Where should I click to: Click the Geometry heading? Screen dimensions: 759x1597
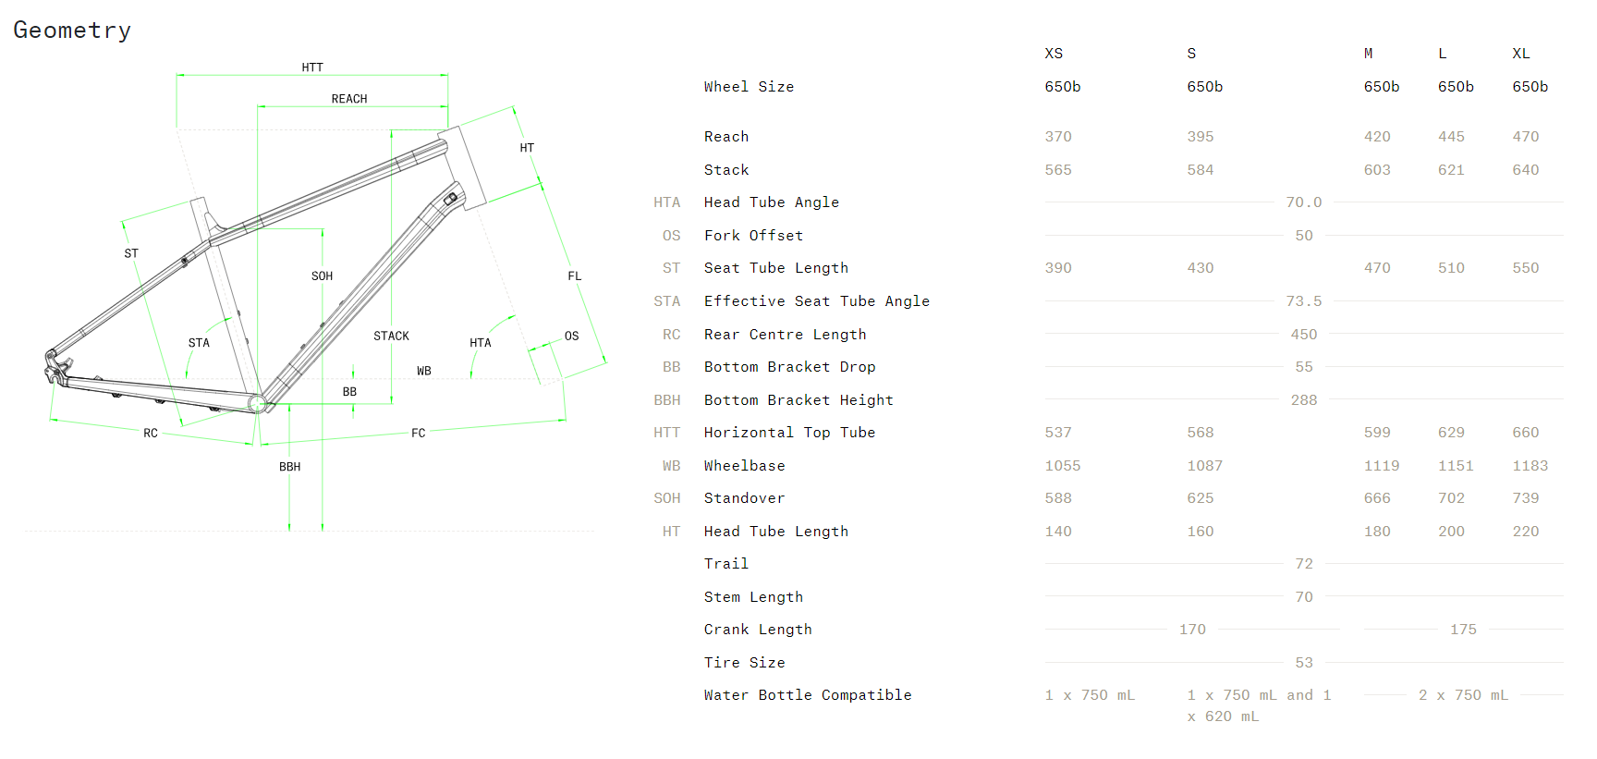(x=72, y=31)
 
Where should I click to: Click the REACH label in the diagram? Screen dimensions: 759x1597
(x=349, y=99)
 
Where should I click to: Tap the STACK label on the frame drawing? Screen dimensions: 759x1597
(x=391, y=336)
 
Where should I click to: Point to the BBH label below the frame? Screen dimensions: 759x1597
(x=290, y=467)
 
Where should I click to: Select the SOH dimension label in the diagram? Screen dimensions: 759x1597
(x=322, y=276)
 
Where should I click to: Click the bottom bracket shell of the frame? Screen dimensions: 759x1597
(x=258, y=403)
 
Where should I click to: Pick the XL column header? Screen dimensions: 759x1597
(x=1521, y=54)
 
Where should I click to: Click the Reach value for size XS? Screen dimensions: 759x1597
(x=1058, y=137)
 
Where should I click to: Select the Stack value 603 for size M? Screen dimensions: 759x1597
(x=1377, y=170)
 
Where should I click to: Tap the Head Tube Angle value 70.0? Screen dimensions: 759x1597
(x=1304, y=202)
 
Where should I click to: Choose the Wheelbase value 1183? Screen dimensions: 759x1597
(x=1530, y=466)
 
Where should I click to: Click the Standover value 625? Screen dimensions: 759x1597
(x=1201, y=498)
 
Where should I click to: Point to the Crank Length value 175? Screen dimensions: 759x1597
(x=1463, y=630)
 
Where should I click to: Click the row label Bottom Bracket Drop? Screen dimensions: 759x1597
(x=789, y=367)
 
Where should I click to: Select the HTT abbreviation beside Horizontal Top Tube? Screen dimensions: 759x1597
(x=666, y=433)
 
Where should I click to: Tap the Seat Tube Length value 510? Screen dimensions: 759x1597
(x=1451, y=268)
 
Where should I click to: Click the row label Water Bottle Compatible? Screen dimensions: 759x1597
(x=808, y=695)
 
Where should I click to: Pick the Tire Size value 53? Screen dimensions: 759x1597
(x=1304, y=663)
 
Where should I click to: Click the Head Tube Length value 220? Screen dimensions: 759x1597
(x=1526, y=532)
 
